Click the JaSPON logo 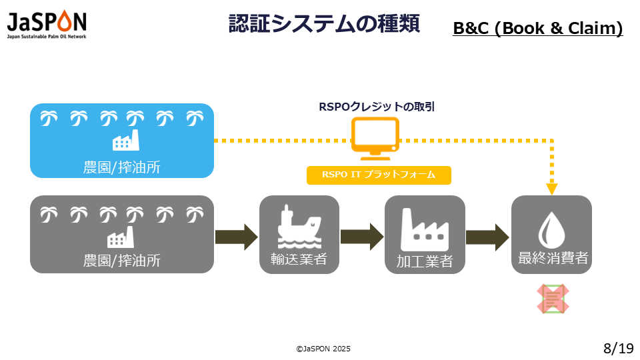point(47,24)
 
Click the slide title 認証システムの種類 point(324,23)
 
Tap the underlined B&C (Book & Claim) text point(537,28)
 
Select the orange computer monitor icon point(375,139)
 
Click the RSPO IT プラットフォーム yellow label point(379,175)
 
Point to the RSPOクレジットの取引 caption point(377,107)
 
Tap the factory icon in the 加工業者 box point(425,229)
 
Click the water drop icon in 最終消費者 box point(551,230)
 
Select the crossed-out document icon point(553,299)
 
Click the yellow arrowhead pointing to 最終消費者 point(552,189)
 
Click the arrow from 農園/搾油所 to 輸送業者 point(236,237)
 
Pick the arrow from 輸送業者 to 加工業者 point(362,237)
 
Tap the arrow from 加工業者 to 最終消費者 point(488,237)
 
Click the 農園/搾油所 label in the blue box point(121,167)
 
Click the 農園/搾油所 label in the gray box point(121,261)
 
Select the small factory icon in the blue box point(126,140)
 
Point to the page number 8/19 point(619,348)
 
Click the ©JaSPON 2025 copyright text point(323,349)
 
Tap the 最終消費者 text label point(553,258)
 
